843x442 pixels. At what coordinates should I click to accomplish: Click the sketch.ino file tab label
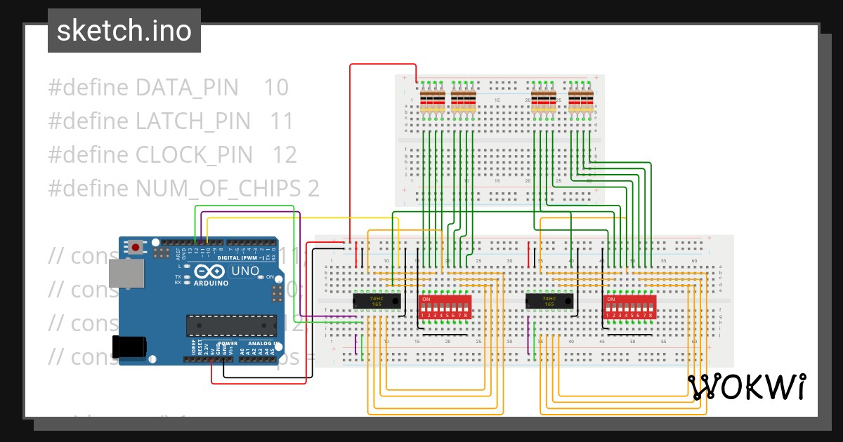pyautogui.click(x=124, y=31)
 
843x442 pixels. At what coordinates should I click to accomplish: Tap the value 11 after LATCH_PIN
pyautogui.click(x=282, y=121)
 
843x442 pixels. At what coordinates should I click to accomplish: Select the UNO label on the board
pyautogui.click(x=246, y=271)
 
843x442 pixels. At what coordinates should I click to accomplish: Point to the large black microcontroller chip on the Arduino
pyautogui.click(x=231, y=326)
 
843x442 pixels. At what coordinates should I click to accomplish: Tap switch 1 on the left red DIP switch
pyautogui.click(x=423, y=308)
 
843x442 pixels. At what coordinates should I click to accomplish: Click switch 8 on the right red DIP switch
pyautogui.click(x=652, y=308)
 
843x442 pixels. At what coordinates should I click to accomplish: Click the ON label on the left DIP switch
pyautogui.click(x=425, y=300)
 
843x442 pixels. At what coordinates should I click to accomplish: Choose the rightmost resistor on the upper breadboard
pyautogui.click(x=590, y=102)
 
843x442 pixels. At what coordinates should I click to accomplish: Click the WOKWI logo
pyautogui.click(x=746, y=387)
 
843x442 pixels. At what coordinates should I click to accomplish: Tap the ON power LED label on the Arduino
pyautogui.click(x=270, y=277)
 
